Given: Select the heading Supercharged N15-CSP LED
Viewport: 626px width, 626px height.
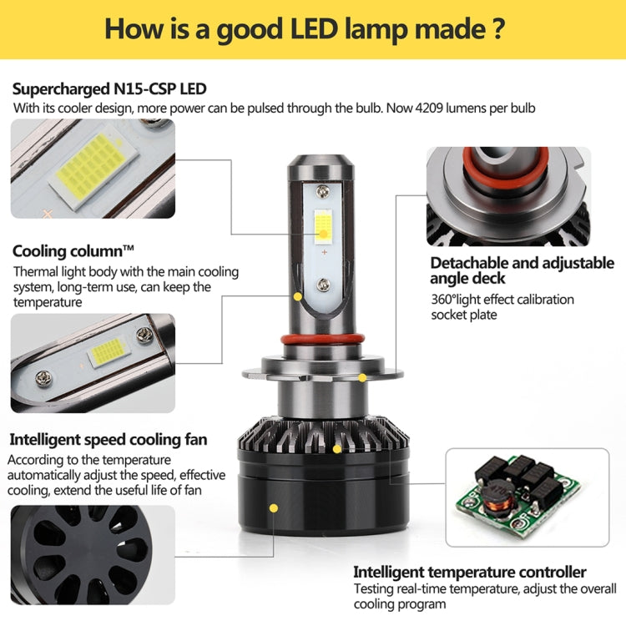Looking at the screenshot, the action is (x=109, y=88).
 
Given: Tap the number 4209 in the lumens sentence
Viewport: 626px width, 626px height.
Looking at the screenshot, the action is (x=429, y=108).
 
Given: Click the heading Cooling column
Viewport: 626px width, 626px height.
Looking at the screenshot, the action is (x=73, y=251).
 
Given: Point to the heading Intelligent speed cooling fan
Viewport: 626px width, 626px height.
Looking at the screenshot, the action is (x=109, y=440).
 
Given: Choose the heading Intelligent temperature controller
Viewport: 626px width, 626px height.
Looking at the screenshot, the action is (x=470, y=572).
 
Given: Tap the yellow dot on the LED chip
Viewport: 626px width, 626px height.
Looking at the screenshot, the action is (x=324, y=234).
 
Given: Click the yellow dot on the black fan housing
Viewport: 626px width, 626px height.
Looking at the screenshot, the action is (x=274, y=508).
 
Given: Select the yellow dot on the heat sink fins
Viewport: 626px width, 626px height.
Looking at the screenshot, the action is (x=337, y=449).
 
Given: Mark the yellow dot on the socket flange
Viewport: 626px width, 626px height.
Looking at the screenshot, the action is (x=362, y=377).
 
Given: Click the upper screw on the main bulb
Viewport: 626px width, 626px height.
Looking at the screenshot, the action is (x=322, y=193).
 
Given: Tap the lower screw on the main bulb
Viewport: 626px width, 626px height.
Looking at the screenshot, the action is (x=323, y=285).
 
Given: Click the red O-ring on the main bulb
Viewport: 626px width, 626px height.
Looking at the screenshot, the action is (x=322, y=340).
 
